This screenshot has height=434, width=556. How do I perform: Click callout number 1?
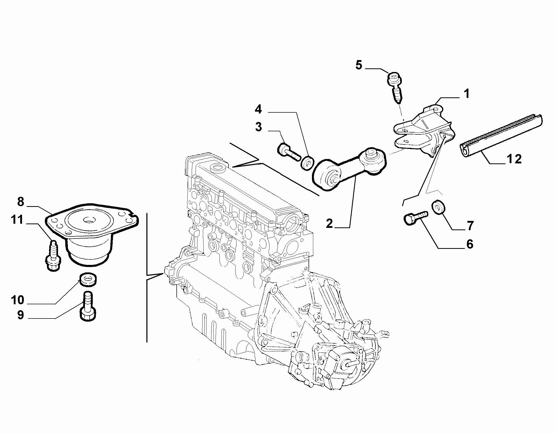tap(467, 94)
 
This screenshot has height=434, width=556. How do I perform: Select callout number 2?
tap(329, 223)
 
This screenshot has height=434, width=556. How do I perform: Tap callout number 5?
tap(359, 65)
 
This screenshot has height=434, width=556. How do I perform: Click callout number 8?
tap(21, 202)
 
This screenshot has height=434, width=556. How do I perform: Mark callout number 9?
tap(20, 315)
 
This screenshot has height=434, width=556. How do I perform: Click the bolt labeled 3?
tap(289, 153)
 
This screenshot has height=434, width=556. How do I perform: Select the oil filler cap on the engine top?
tap(218, 167)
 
